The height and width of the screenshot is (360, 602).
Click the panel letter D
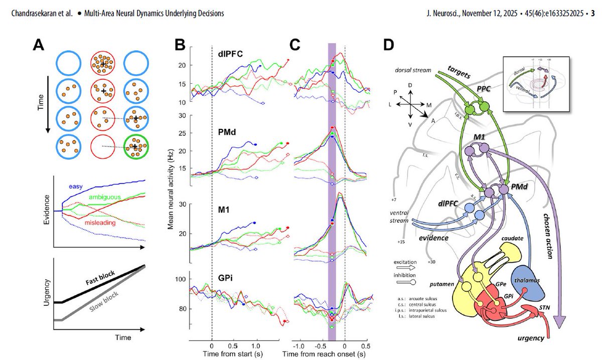[x=391, y=46]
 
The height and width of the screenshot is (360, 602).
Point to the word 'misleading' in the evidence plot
[x=98, y=222]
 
